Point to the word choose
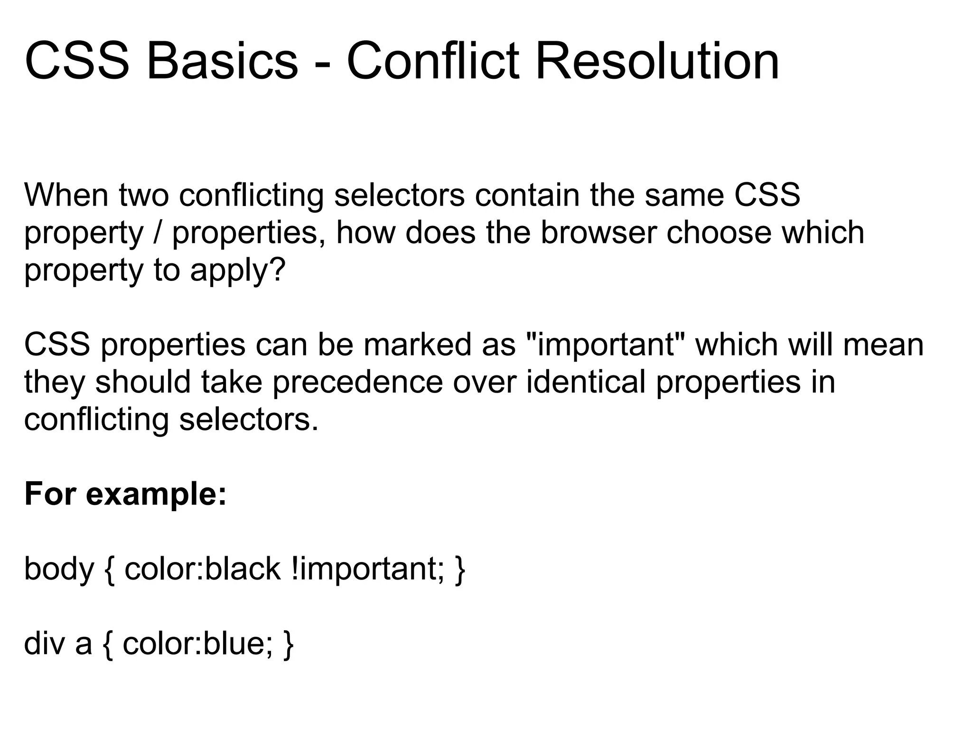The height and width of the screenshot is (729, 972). coord(719,233)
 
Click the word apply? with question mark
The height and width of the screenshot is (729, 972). coord(238,271)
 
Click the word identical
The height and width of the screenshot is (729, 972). coord(586,382)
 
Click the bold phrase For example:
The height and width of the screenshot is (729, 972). coord(125,494)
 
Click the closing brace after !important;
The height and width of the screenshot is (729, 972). coord(459,570)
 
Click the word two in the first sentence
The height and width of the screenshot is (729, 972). coord(144,196)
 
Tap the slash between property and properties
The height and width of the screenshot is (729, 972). coord(157,233)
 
